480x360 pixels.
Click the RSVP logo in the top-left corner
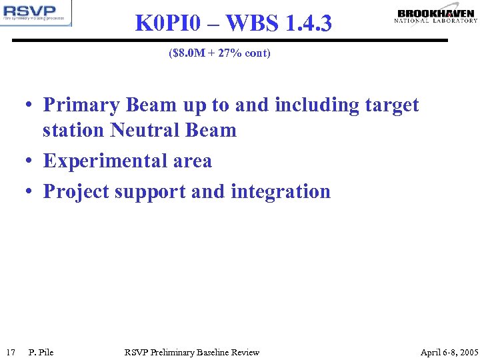click(x=36, y=13)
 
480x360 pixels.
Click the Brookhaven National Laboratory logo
click(x=436, y=16)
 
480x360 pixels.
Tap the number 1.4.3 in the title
click(x=307, y=23)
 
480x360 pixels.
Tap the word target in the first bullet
click(x=392, y=105)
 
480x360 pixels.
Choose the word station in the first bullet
click(x=73, y=130)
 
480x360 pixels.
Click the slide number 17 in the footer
click(x=10, y=352)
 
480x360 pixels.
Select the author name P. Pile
click(x=41, y=352)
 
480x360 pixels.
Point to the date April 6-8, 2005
click(x=449, y=352)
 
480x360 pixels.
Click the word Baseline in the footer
click(x=213, y=352)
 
